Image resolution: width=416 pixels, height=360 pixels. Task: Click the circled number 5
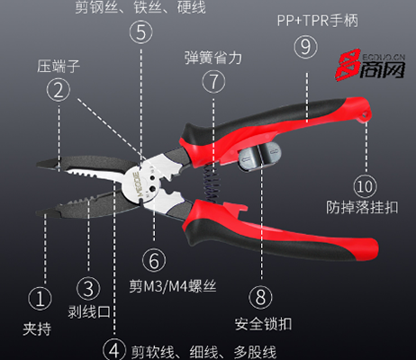140,31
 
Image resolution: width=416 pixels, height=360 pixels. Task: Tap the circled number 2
59,90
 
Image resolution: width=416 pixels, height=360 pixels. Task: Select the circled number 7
213,81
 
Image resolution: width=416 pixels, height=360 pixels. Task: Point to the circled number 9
305,47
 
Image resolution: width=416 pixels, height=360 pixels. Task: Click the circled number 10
365,186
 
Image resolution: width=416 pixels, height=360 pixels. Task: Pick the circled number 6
154,260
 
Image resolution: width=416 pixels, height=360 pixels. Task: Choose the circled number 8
260,297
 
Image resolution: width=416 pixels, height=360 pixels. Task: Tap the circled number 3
88,288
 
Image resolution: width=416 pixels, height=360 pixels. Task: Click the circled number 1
40,299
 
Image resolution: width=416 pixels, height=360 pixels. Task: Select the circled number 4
114,350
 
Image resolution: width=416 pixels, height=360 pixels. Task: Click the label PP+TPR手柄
317,21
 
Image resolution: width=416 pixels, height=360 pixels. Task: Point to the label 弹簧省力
213,58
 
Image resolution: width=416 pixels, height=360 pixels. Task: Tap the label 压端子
59,66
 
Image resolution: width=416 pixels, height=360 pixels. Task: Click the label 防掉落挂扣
362,207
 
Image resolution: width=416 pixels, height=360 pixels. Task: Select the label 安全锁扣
263,324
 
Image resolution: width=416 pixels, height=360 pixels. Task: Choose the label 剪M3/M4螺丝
173,286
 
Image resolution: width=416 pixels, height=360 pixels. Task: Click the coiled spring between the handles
212,184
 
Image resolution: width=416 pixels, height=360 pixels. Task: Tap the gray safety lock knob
259,156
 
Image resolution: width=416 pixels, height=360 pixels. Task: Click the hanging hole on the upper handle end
366,114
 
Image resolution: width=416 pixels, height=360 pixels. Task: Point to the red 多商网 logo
370,65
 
